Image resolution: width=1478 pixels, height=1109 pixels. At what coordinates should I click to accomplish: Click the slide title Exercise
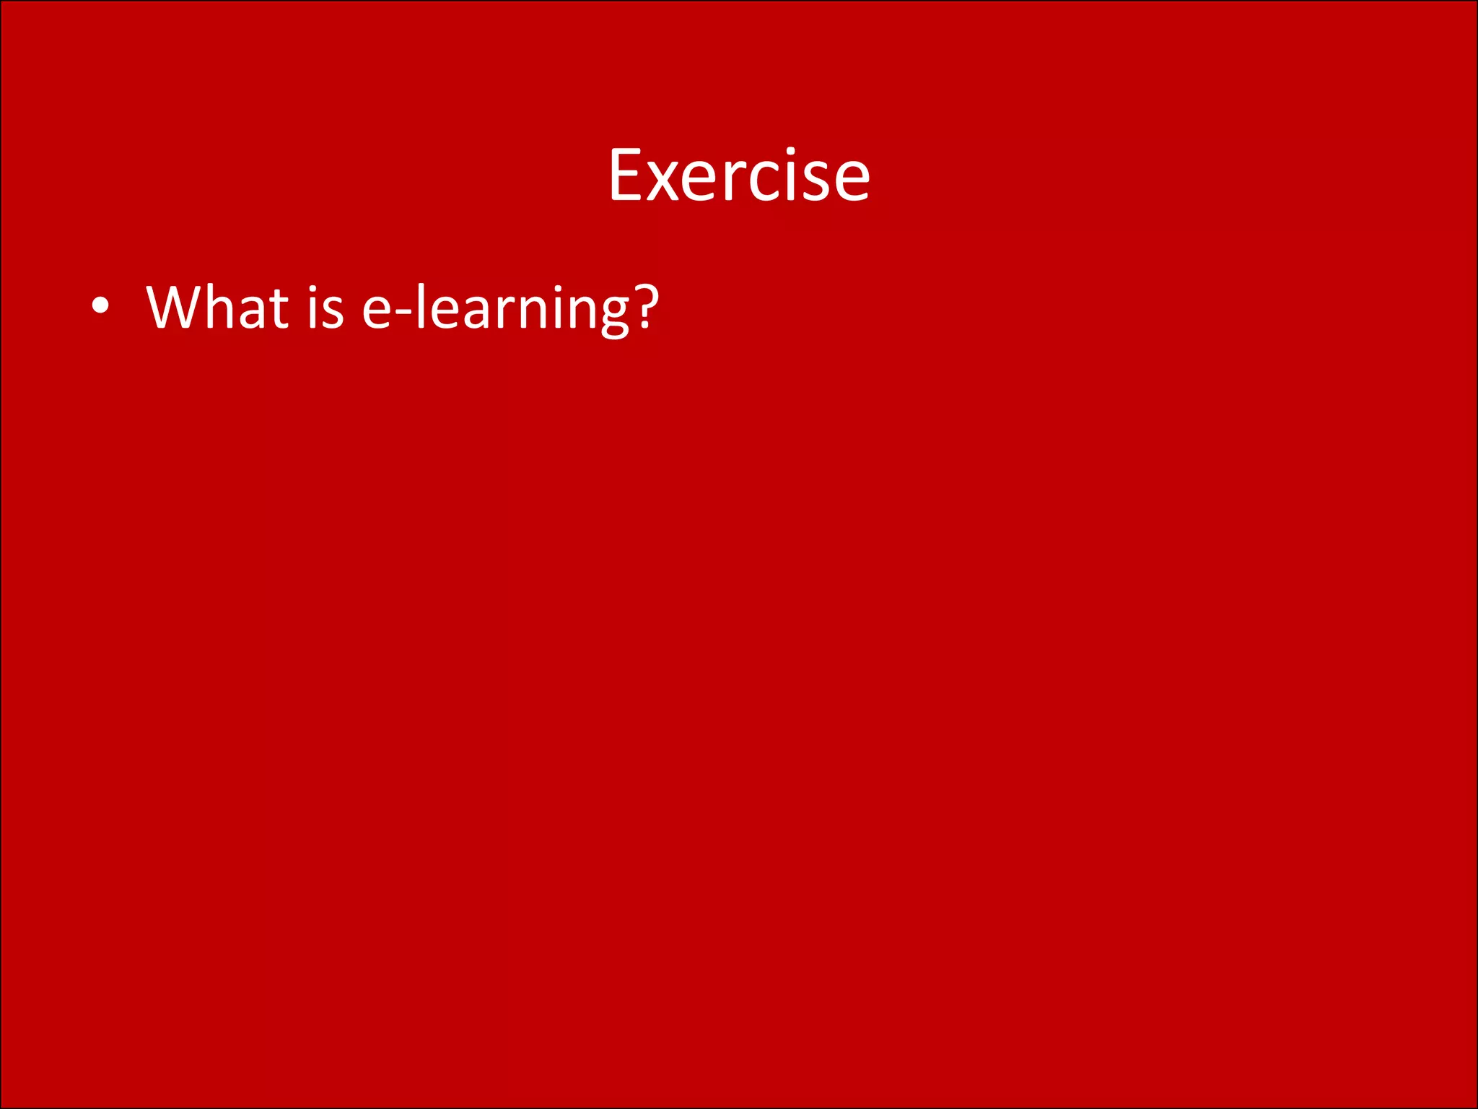pos(739,175)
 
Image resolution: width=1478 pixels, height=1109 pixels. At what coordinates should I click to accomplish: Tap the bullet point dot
pos(100,306)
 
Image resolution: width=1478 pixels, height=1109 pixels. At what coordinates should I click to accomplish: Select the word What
pos(217,308)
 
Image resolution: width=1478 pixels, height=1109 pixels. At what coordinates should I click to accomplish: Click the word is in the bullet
pos(325,308)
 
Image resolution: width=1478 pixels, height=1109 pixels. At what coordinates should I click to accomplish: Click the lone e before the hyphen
pos(377,311)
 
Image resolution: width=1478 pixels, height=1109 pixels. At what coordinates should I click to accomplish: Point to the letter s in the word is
pos(333,311)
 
